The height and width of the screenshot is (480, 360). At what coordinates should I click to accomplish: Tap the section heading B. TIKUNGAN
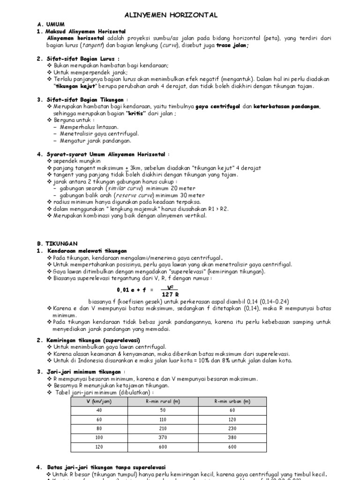pos(62,244)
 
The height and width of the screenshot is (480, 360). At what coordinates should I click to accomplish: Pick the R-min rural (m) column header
pos(163,402)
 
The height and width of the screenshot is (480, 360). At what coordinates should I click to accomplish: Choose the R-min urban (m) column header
pos(232,402)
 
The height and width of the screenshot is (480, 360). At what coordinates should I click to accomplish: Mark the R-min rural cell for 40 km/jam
pos(163,411)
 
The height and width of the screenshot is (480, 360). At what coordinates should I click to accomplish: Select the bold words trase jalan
pos(232,45)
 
